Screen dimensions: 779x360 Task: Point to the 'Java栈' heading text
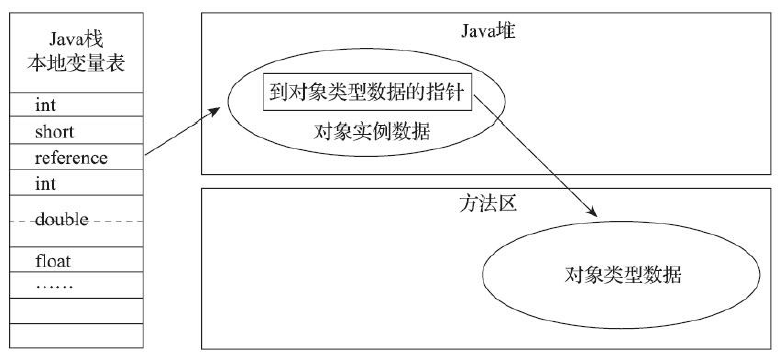(77, 39)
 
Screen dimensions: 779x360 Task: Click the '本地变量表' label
(76, 64)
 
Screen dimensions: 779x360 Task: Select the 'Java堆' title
(488, 31)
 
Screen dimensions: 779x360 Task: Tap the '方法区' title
(488, 204)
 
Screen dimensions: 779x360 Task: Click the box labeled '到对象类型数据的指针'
(367, 94)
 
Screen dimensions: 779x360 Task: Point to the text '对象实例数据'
(372, 132)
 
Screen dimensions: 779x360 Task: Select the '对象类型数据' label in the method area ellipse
(623, 274)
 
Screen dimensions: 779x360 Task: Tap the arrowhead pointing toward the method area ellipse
(592, 212)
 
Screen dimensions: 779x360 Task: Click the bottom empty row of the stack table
(77, 336)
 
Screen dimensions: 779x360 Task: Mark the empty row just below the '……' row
(77, 311)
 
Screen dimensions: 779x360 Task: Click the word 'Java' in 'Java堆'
(478, 32)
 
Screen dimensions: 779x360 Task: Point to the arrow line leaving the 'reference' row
(182, 132)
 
